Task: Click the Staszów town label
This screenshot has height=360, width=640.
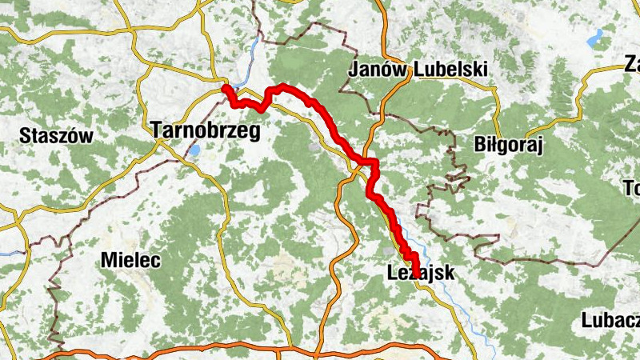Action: point(56,135)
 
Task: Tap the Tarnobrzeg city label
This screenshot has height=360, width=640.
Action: point(205,131)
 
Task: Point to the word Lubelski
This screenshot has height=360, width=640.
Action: point(450,70)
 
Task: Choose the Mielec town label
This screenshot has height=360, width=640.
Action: point(131,260)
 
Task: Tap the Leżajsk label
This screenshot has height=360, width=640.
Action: point(420,273)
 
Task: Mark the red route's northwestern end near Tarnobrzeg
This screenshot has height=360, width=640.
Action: point(226,89)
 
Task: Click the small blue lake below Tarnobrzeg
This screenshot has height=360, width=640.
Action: point(194,150)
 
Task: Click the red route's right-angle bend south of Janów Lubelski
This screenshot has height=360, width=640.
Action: point(373,163)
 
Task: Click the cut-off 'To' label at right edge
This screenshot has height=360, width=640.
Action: point(631,189)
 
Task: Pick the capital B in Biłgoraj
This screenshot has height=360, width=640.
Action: point(480,144)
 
